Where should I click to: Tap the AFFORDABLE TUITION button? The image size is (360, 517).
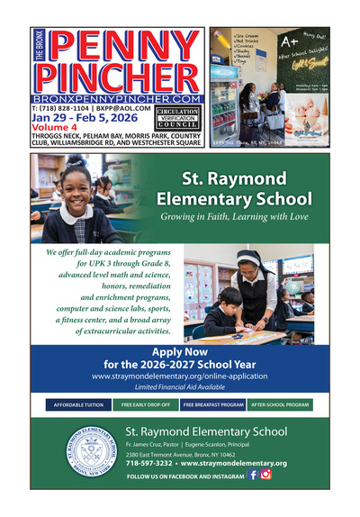tap(79, 405)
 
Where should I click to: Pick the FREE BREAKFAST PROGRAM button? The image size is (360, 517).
tap(213, 405)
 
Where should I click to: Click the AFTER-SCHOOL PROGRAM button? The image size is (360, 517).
tap(280, 405)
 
